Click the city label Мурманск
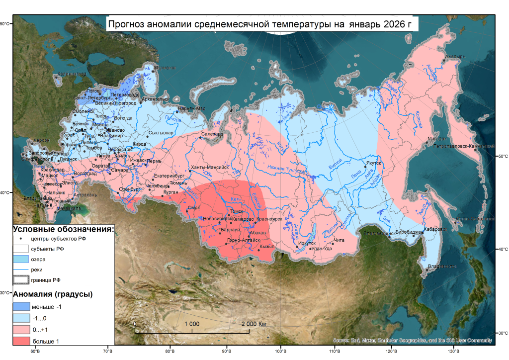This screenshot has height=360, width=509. tap(165, 68)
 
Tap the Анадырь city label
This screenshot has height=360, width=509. tap(455, 57)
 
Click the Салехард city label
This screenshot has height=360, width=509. tap(212, 134)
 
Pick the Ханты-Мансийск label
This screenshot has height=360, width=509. tap(209, 168)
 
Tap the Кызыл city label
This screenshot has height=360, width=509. tap(266, 246)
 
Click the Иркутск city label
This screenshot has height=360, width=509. tap(307, 243)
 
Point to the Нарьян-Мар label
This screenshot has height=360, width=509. tap(191, 108)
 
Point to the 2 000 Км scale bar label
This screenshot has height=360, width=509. tap(254, 324)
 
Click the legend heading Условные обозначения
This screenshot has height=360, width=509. tap(63, 229)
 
